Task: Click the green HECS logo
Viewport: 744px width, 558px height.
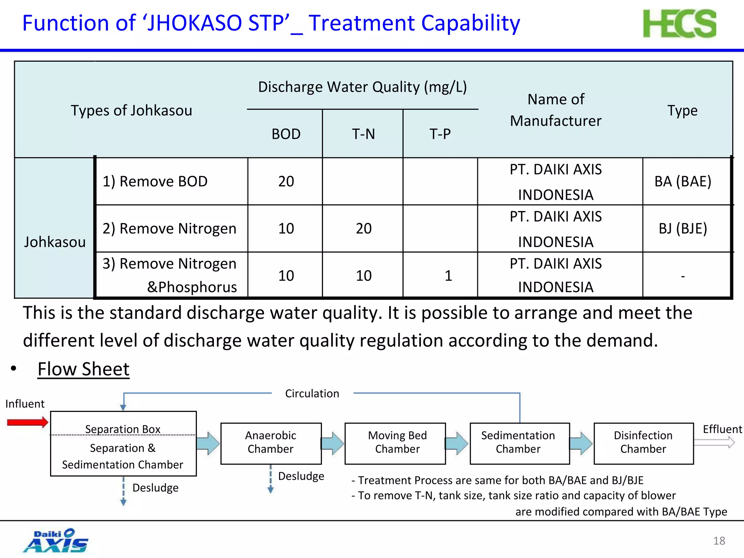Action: point(679,24)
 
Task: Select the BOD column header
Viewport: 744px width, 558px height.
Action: point(286,134)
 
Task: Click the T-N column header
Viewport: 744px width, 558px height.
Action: point(363,134)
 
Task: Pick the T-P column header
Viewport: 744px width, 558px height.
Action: point(440,134)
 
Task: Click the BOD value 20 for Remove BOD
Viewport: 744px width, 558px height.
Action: point(286,181)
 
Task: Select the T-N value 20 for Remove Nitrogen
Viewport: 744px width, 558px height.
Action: point(363,229)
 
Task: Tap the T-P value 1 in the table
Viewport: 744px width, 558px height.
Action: point(448,276)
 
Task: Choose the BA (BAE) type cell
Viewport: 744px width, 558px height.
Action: point(683,181)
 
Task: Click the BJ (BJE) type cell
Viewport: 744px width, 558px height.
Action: point(683,229)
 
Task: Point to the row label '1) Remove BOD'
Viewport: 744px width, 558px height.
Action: point(155,181)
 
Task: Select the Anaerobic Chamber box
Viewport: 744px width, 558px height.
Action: point(271,443)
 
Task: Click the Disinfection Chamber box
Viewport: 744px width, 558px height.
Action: point(643,443)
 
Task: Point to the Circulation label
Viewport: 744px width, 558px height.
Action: point(312,393)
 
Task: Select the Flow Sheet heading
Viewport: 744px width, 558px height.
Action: point(84,369)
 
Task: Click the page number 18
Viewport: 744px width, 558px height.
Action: point(719,541)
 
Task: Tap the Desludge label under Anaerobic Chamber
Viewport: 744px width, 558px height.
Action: point(301,476)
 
